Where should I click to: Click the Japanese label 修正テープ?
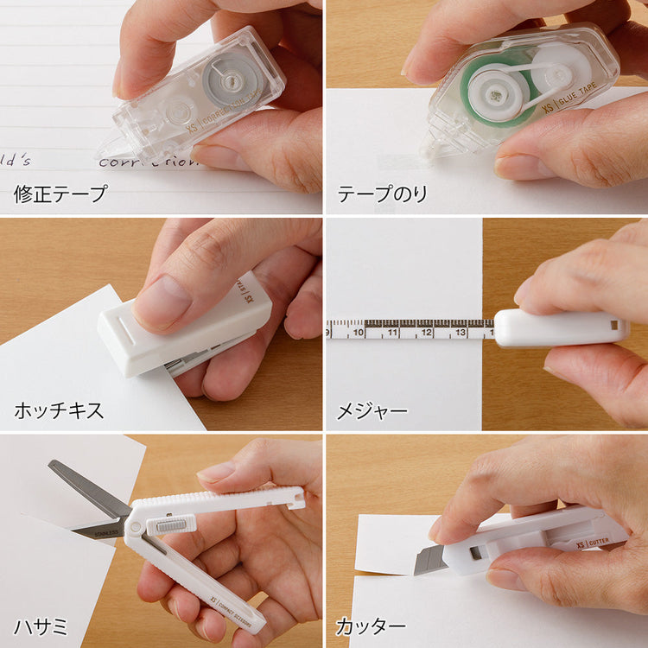[60, 194]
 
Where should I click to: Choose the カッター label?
[372, 625]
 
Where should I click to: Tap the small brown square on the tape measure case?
[615, 325]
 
